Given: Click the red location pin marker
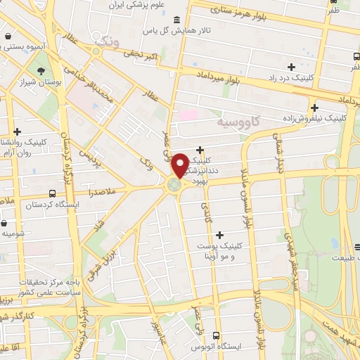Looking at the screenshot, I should pyautogui.click(x=180, y=165).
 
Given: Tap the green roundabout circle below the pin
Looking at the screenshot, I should pyautogui.click(x=174, y=185).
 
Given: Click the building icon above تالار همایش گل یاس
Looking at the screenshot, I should pyautogui.click(x=175, y=19).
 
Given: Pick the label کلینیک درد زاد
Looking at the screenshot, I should pyautogui.click(x=295, y=79).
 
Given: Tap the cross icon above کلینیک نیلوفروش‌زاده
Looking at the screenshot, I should pyautogui.click(x=314, y=108).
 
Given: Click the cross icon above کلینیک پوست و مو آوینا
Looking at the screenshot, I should pyautogui.click(x=220, y=235).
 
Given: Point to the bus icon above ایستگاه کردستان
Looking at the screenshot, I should pyautogui.click(x=53, y=193).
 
